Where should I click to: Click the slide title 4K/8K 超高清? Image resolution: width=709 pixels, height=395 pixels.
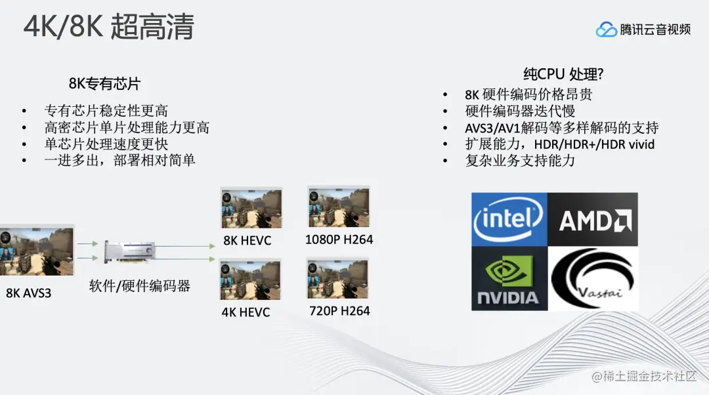click(x=109, y=28)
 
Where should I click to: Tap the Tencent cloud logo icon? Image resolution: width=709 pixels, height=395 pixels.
click(x=607, y=30)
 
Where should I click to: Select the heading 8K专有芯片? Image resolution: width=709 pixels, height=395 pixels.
click(x=104, y=84)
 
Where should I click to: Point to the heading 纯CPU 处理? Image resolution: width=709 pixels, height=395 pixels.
click(x=563, y=73)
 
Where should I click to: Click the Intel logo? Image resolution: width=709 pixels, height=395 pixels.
click(x=509, y=219)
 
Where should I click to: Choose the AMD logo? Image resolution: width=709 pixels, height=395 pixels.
click(x=593, y=219)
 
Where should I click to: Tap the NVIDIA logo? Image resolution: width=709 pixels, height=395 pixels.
click(x=509, y=278)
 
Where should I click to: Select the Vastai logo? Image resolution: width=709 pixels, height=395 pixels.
click(x=593, y=278)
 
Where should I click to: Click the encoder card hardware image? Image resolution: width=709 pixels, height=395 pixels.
click(x=131, y=253)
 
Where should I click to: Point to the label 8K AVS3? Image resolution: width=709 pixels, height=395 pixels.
click(x=28, y=293)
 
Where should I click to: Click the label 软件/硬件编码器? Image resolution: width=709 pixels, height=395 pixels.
click(x=140, y=285)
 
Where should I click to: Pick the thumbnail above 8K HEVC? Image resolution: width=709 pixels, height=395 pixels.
click(x=251, y=209)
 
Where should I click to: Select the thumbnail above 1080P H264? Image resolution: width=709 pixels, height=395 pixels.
click(x=338, y=207)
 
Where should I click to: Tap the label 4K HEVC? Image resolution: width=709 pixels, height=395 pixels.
click(x=246, y=312)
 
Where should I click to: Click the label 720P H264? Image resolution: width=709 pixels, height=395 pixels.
click(x=339, y=310)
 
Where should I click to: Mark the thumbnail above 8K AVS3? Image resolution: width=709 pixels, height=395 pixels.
click(x=37, y=252)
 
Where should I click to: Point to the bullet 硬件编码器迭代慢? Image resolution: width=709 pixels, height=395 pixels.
click(x=520, y=111)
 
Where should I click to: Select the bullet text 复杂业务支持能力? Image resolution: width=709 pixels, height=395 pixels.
click(x=520, y=160)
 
